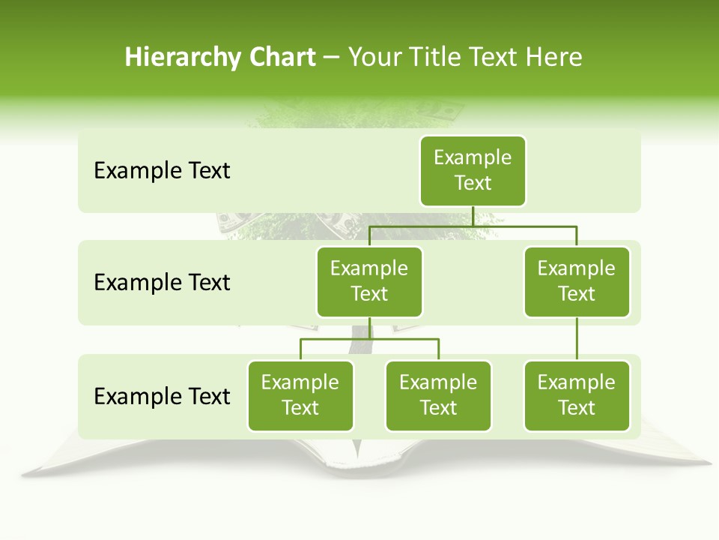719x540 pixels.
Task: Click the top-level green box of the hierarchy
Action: (x=473, y=171)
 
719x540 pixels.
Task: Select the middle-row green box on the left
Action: (x=369, y=282)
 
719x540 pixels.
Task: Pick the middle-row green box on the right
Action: (x=577, y=282)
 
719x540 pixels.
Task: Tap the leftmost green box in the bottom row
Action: (x=300, y=396)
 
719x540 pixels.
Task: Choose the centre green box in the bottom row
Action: (x=438, y=396)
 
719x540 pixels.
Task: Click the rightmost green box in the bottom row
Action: (x=577, y=396)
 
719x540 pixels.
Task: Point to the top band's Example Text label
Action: (x=162, y=171)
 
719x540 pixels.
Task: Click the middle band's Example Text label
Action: (x=162, y=283)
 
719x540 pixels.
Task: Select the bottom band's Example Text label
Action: (x=162, y=396)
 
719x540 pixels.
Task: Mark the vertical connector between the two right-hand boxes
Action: (x=577, y=339)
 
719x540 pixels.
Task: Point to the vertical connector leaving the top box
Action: (x=473, y=216)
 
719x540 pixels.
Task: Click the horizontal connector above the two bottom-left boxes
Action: (x=369, y=339)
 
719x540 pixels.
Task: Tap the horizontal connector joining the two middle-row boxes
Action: (x=473, y=226)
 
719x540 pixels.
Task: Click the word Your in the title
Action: (x=374, y=58)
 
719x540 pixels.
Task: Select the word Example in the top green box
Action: (x=473, y=157)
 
